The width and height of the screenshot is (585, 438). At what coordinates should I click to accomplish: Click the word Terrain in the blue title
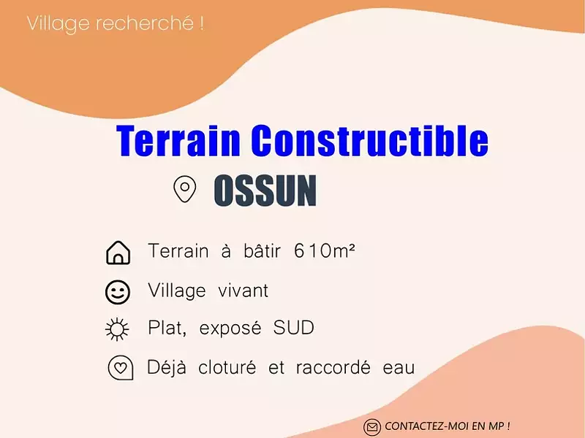(x=179, y=140)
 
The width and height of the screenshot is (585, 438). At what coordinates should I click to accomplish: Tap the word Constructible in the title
(x=370, y=140)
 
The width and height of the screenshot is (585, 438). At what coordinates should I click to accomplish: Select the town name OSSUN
(x=265, y=191)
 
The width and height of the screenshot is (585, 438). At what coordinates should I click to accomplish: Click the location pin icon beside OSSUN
(x=184, y=189)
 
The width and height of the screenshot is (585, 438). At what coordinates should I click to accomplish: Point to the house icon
(x=118, y=253)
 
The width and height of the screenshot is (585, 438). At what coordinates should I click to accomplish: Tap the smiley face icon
(x=118, y=292)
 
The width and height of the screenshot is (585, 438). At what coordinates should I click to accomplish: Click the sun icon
(x=117, y=330)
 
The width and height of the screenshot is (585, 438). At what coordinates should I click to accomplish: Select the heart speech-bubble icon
(x=120, y=368)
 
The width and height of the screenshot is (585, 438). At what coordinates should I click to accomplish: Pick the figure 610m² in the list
(x=324, y=252)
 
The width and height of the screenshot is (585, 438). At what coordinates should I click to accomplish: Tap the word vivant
(x=243, y=291)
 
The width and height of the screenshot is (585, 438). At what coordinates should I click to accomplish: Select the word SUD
(x=295, y=328)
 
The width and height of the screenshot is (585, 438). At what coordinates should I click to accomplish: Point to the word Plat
(x=167, y=328)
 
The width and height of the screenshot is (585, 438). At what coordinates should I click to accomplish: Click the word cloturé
(x=227, y=367)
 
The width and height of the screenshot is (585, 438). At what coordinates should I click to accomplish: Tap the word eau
(x=399, y=367)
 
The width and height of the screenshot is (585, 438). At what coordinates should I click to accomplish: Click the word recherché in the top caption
(x=151, y=23)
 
